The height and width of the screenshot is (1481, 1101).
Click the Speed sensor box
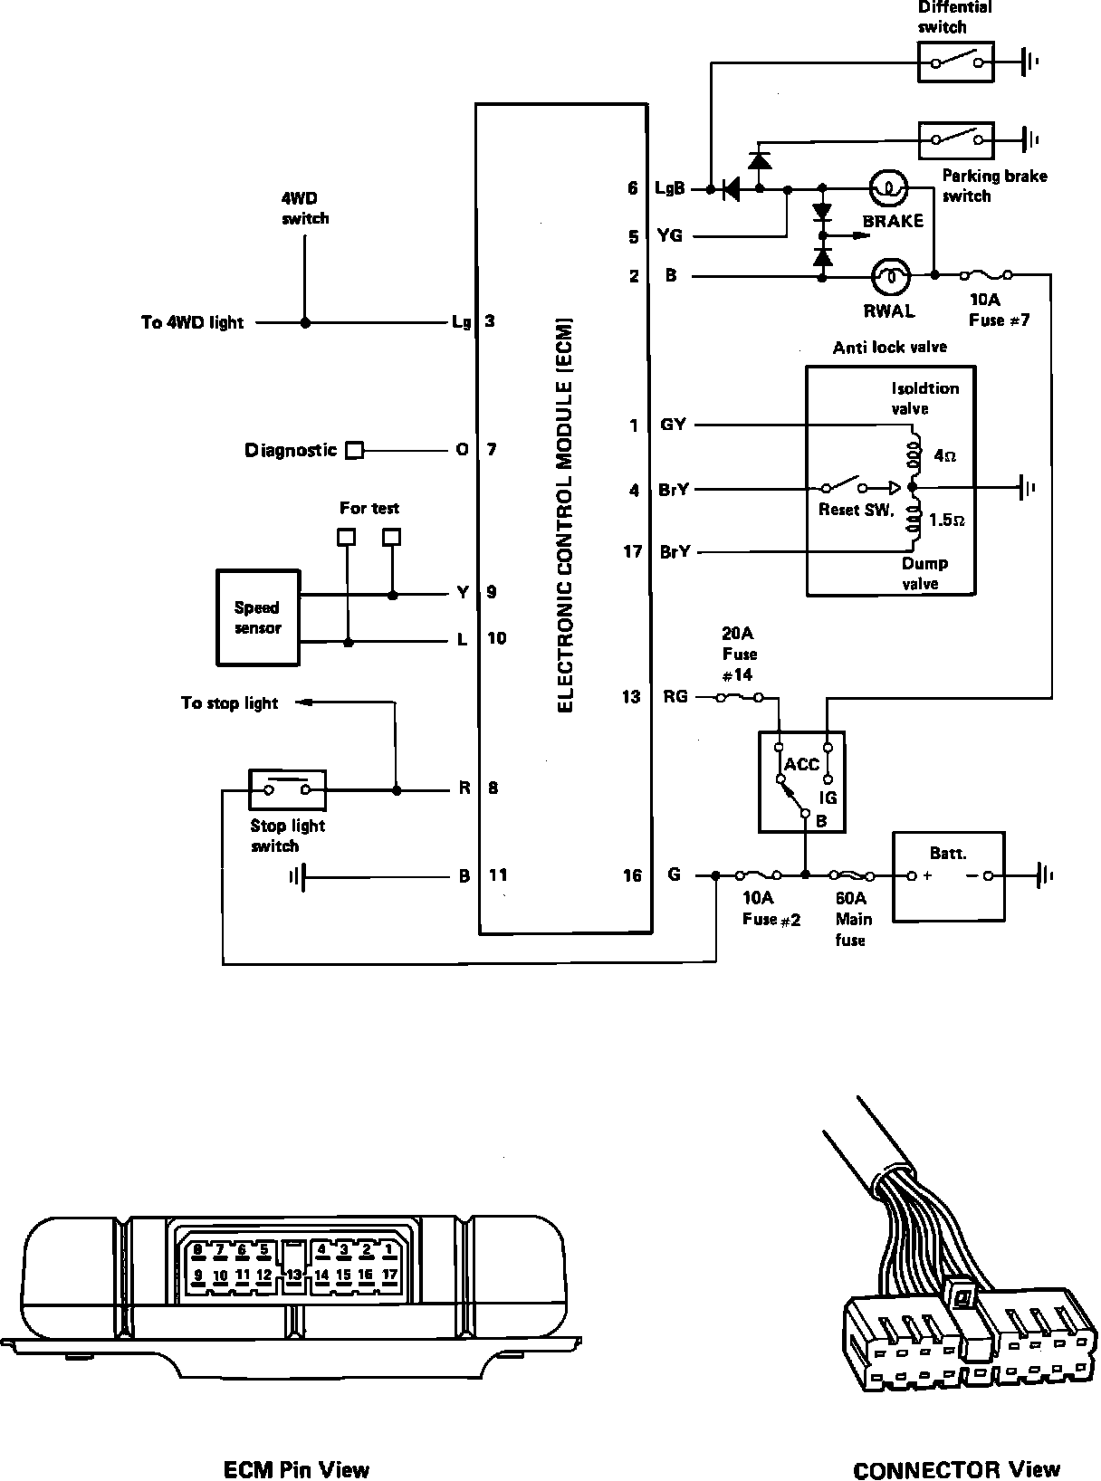pos(258,617)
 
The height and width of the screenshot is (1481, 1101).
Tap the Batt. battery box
pos(949,876)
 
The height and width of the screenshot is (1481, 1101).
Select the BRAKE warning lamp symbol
pos(888,188)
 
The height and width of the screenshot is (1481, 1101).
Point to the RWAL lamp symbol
pos(889,275)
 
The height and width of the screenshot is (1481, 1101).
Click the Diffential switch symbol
pos(956,62)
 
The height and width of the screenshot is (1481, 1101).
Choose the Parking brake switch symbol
pos(956,139)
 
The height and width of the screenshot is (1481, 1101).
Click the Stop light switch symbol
pos(287,789)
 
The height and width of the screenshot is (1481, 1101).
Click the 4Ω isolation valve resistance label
pos(944,456)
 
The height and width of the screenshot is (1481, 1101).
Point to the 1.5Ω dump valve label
pos(947,521)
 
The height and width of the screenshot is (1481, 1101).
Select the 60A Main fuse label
pos(853,919)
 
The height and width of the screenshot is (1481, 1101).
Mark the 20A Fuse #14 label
pos(739,654)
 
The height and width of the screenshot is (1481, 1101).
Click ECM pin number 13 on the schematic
pos(631,696)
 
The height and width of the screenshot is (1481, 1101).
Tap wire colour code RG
pos(675,696)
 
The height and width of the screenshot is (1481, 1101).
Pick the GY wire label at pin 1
pos(673,425)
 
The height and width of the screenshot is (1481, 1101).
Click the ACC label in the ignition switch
pos(801,764)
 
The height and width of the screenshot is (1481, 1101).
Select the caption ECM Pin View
pos(296,1468)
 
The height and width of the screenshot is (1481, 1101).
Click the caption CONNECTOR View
pos(956,1469)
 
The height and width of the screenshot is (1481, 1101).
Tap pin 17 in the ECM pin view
pos(389,1275)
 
